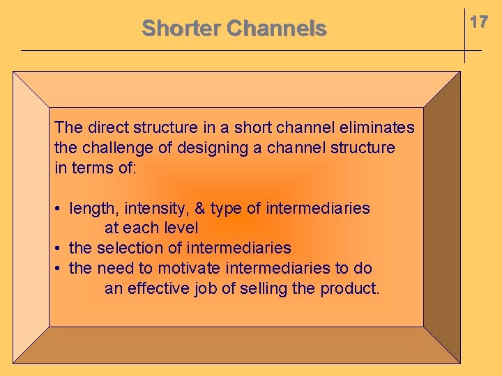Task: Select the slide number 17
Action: click(478, 22)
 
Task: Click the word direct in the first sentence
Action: click(105, 127)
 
